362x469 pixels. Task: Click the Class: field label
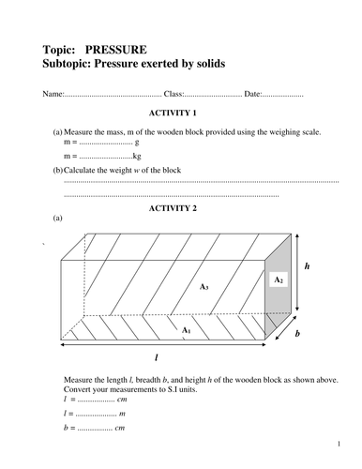click(x=174, y=95)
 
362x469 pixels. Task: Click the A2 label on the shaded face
click(x=279, y=280)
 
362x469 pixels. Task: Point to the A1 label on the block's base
click(x=186, y=329)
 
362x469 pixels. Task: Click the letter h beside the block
click(x=307, y=267)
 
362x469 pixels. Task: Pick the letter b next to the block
click(x=296, y=332)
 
